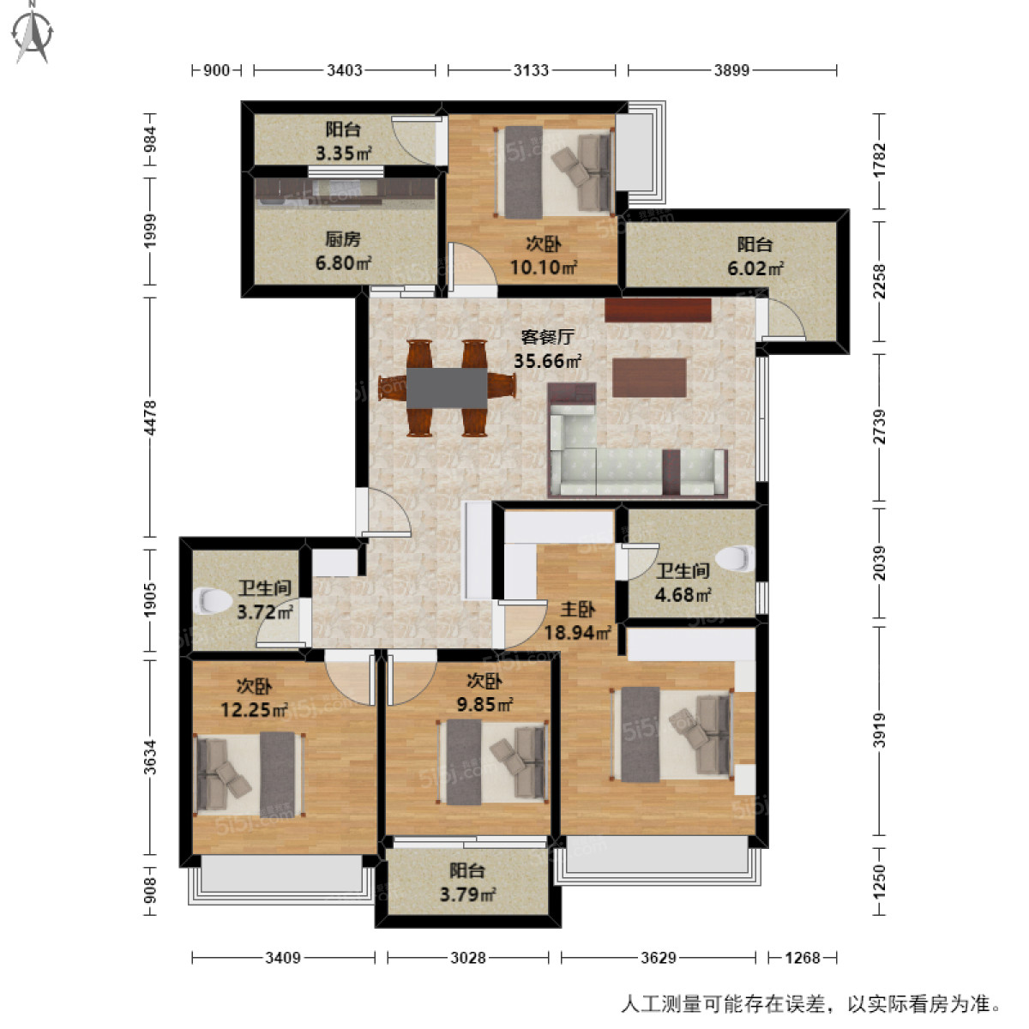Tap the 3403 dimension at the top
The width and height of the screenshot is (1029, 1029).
[x=344, y=70]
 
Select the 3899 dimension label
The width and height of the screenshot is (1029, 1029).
[x=731, y=70]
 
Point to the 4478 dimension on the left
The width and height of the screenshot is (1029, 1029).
[x=151, y=418]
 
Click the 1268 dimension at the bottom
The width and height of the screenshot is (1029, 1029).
[x=802, y=957]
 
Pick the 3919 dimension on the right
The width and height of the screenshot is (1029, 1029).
[x=879, y=731]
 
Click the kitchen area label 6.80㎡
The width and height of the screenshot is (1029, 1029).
[x=342, y=263]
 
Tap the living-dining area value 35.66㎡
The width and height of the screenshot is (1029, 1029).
[x=547, y=361]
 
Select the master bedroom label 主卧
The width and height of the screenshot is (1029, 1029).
[x=577, y=610]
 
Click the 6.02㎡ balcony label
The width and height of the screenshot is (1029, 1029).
[x=755, y=268]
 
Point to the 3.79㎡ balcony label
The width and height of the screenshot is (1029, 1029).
[x=467, y=895]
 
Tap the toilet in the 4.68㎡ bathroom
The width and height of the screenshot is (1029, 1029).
[x=734, y=559]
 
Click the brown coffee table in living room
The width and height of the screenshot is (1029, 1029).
[x=649, y=377]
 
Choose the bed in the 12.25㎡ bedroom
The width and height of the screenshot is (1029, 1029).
[x=250, y=773]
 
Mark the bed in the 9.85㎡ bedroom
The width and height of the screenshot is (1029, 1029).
[x=492, y=761]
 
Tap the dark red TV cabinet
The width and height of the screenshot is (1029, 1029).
[x=658, y=310]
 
